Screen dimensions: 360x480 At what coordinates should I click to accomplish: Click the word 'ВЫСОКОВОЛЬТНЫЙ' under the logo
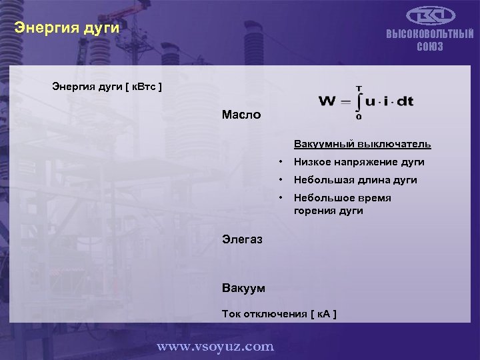point(430,35)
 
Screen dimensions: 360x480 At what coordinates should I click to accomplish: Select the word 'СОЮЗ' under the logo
point(430,47)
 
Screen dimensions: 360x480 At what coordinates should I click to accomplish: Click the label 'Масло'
point(241,115)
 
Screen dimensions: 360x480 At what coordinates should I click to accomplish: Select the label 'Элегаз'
point(242,239)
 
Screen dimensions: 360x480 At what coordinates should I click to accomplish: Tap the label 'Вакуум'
point(243,288)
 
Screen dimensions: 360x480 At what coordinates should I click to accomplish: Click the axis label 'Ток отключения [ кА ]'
point(279,313)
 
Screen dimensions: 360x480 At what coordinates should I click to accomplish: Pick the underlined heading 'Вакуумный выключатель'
point(362,144)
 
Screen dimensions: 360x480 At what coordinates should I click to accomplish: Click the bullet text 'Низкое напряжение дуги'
point(359,162)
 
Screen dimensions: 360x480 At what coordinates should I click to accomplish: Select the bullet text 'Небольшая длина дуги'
point(355,180)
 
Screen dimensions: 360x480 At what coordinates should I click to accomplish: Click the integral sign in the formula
point(359,102)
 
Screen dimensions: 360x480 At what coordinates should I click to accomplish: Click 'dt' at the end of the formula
point(405,101)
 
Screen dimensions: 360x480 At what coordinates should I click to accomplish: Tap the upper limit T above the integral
point(359,87)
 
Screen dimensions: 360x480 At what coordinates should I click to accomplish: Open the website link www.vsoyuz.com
point(215,346)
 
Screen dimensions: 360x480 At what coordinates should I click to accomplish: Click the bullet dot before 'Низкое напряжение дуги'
point(282,162)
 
